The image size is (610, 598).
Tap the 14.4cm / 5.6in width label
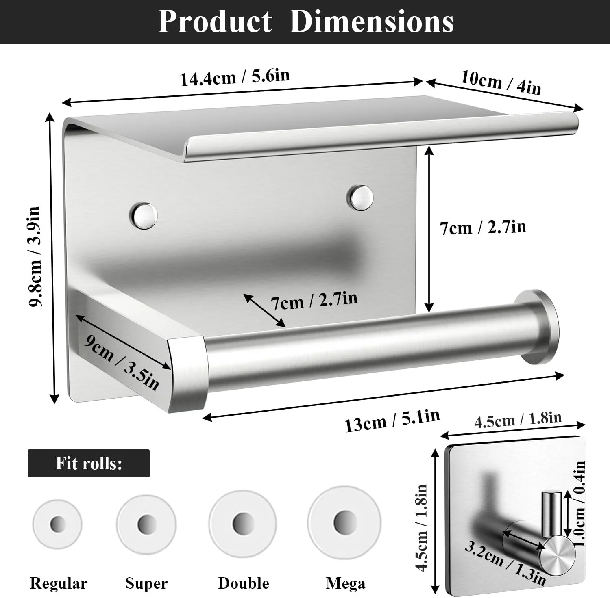235,77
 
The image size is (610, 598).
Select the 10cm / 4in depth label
501,83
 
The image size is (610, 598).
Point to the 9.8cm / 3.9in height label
35,257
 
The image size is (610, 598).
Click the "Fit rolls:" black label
89,463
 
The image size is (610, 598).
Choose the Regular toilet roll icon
57,524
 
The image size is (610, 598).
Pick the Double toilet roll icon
243,523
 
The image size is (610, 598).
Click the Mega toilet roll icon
344,522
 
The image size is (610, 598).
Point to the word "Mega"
345,583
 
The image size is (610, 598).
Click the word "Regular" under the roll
59,583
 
